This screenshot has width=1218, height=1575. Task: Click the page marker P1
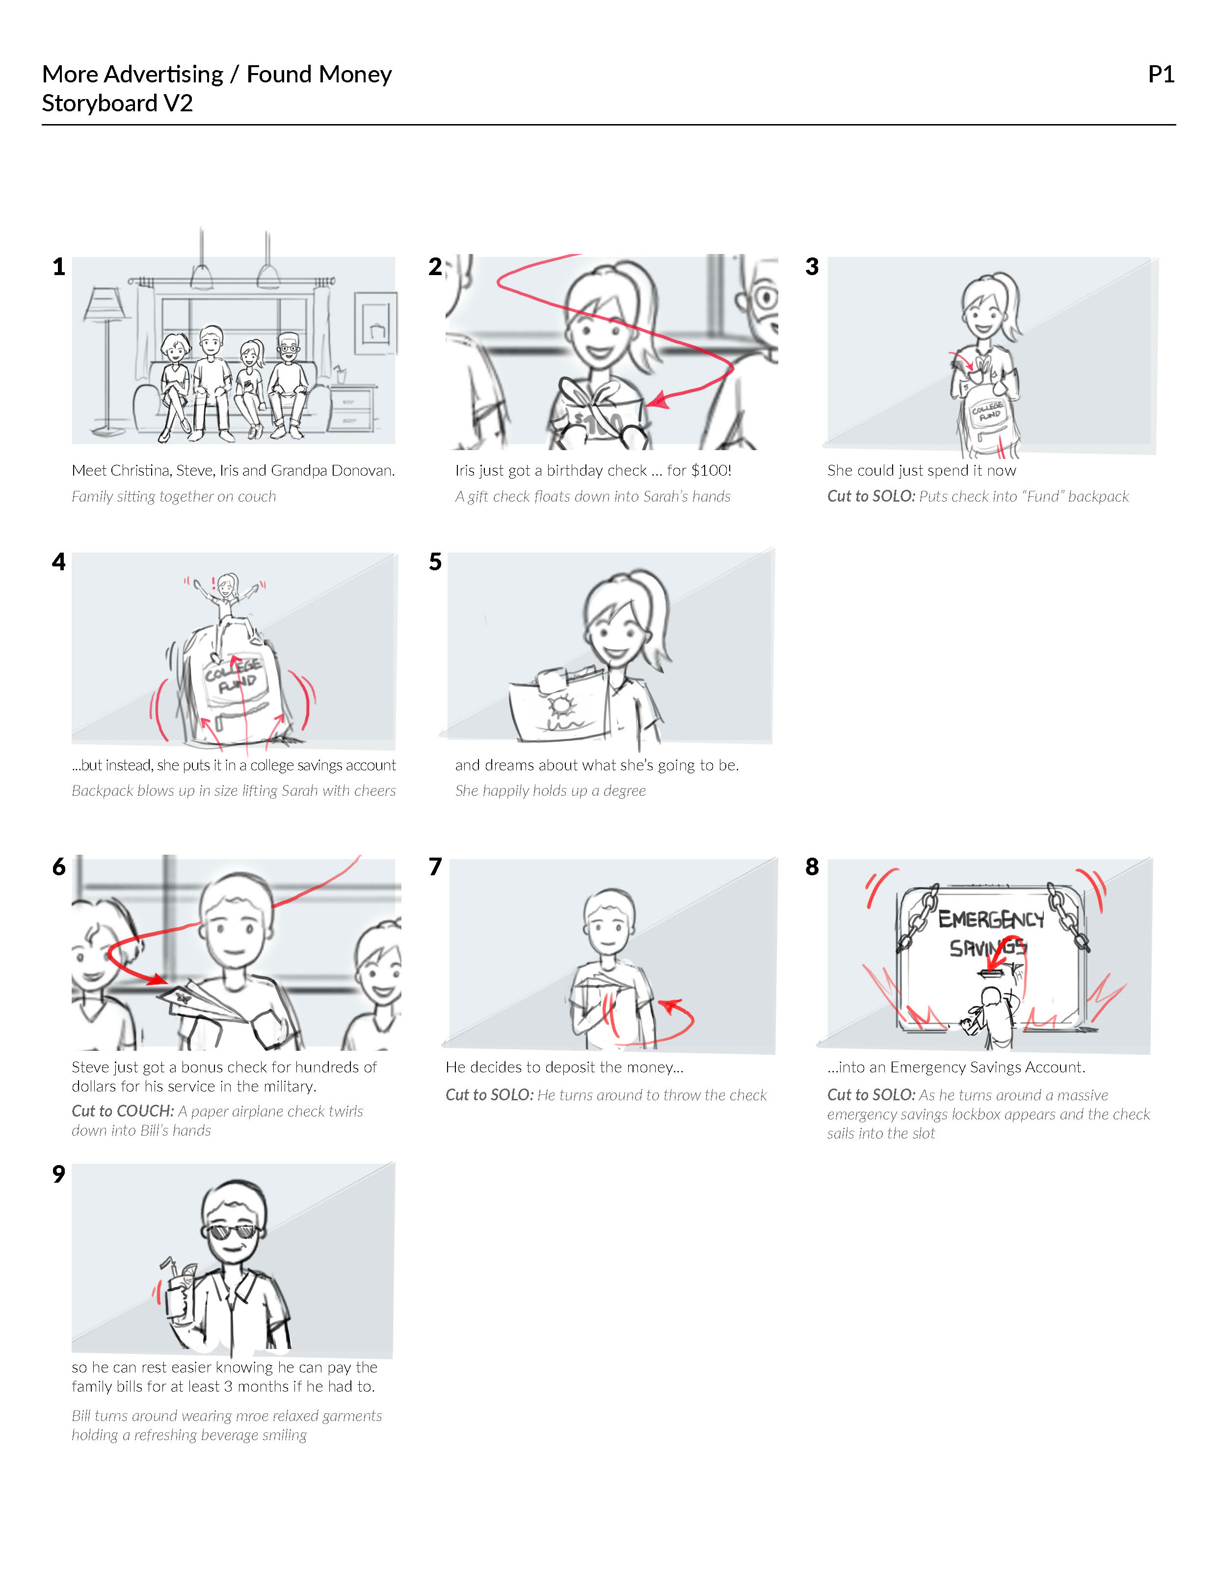pyautogui.click(x=1161, y=74)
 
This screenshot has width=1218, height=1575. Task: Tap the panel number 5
pyautogui.click(x=435, y=562)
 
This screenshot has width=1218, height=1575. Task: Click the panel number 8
pyautogui.click(x=812, y=867)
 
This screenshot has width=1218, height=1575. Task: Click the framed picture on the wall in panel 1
pyautogui.click(x=375, y=323)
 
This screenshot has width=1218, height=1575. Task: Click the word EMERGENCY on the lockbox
pyautogui.click(x=991, y=919)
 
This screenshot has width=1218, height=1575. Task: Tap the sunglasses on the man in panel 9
pyautogui.click(x=232, y=1231)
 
